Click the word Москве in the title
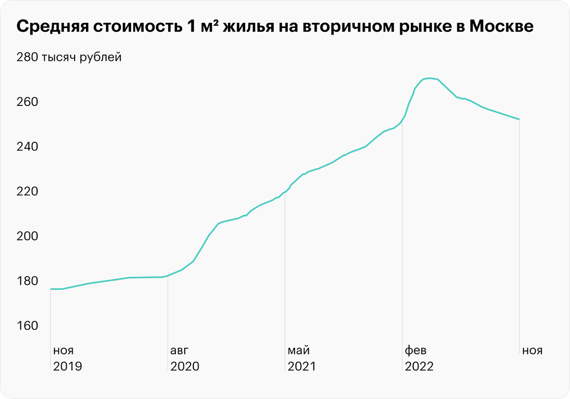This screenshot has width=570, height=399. tap(501, 27)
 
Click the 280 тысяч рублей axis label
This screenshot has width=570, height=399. tap(69, 58)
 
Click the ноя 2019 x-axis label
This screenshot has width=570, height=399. tap(67, 359)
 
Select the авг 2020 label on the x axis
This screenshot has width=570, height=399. tap(184, 359)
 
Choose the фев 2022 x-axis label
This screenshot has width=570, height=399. tap(418, 359)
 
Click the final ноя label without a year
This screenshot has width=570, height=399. tap(532, 351)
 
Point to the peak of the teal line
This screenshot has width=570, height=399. tap(429, 78)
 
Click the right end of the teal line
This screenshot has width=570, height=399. tap(519, 119)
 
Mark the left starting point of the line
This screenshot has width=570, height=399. tap(51, 289)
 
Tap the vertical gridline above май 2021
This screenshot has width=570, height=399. tap(285, 266)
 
